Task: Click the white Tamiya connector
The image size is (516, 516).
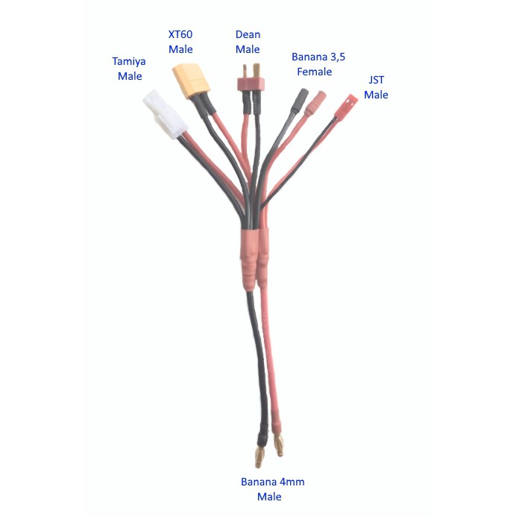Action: (166, 115)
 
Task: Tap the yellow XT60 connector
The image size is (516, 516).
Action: (191, 81)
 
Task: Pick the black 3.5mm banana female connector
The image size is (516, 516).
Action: (299, 101)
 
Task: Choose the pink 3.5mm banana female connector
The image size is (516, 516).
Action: (315, 103)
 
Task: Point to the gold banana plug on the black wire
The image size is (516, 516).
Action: (259, 456)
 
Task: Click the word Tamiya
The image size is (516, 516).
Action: (129, 62)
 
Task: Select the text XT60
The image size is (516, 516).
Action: (180, 34)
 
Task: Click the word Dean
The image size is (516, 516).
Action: (248, 34)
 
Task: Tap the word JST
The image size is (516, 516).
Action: (376, 80)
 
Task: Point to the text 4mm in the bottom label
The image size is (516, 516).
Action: (292, 482)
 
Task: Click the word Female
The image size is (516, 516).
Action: (314, 72)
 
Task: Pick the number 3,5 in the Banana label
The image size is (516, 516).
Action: (338, 57)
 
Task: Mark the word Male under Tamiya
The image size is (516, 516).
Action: (130, 76)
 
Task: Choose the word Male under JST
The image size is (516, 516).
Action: (376, 95)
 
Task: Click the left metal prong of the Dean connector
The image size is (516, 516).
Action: (245, 70)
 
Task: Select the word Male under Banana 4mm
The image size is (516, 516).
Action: (269, 497)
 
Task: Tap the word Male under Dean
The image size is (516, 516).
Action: (248, 49)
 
